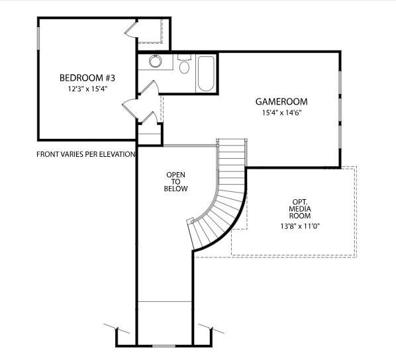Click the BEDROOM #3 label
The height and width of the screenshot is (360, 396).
click(83, 77)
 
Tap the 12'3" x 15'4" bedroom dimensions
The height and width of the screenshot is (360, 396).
click(83, 88)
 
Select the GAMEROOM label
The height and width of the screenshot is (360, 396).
click(281, 102)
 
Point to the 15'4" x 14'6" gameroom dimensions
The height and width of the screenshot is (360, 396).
click(281, 113)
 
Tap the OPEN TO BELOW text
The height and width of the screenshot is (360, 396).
click(176, 181)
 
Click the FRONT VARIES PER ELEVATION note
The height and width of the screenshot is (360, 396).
click(86, 154)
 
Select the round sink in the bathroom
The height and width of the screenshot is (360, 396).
click(156, 62)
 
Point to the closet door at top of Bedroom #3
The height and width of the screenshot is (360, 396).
click(130, 29)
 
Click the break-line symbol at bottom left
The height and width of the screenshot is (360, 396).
click(113, 328)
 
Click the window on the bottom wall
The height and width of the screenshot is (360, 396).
click(164, 345)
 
